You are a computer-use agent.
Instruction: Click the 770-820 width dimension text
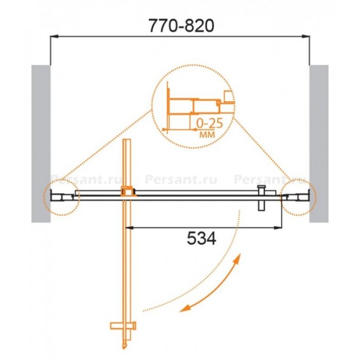point(182,26)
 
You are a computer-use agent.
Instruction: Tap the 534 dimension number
point(202,238)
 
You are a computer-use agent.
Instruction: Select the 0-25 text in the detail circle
point(209,123)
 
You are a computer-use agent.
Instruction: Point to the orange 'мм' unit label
point(207,134)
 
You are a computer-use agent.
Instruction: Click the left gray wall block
point(41,143)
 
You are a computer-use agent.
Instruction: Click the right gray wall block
point(319,143)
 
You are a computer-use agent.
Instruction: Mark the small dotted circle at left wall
point(62,197)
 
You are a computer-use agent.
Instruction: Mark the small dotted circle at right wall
point(298,197)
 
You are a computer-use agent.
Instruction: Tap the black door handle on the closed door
point(261,197)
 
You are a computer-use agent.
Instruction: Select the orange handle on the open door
point(123,326)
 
